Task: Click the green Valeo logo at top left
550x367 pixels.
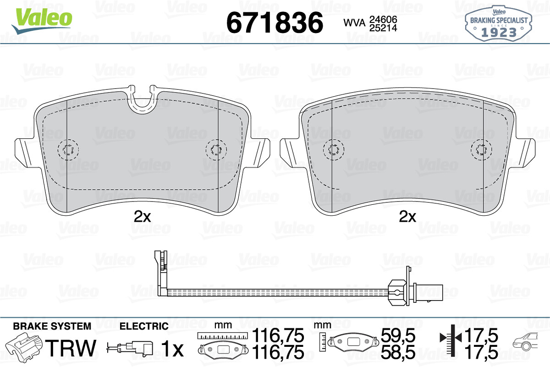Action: (42, 21)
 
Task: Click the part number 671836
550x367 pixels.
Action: (275, 22)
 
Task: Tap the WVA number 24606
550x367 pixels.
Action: (383, 19)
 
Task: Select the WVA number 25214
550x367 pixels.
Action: (383, 28)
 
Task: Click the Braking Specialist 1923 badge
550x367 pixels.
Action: (499, 24)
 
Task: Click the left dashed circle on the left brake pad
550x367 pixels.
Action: (68, 149)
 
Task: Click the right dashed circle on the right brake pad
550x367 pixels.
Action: (481, 149)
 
